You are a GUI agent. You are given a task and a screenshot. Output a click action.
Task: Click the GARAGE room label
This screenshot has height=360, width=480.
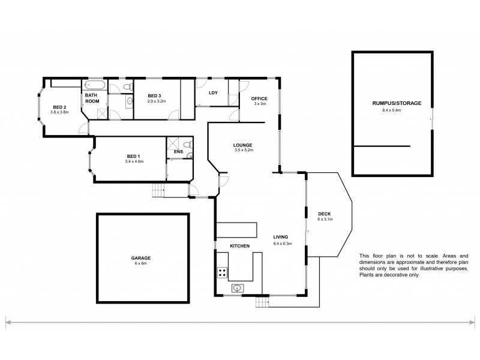[x=142, y=257]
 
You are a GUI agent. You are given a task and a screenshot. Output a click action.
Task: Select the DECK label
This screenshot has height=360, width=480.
[x=324, y=214]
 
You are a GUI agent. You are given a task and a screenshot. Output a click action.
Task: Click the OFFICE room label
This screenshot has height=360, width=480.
[x=259, y=98]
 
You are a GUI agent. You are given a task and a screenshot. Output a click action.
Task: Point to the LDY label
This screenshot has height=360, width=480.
[x=213, y=92]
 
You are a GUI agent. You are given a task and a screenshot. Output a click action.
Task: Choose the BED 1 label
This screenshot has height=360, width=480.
[x=134, y=156]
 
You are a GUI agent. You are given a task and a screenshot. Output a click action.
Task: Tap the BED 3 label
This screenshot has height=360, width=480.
[x=155, y=95]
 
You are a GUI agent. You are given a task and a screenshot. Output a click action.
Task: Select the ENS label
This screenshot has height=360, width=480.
[x=178, y=152]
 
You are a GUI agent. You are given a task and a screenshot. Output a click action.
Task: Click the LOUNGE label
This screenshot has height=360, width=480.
[x=243, y=145]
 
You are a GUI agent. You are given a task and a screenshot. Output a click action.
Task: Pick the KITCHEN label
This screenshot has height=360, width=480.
[x=239, y=246]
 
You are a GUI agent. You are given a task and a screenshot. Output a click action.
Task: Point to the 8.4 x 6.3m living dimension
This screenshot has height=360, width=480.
[x=282, y=244]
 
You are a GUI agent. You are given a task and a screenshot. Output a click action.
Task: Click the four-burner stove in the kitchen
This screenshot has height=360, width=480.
[x=222, y=273]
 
